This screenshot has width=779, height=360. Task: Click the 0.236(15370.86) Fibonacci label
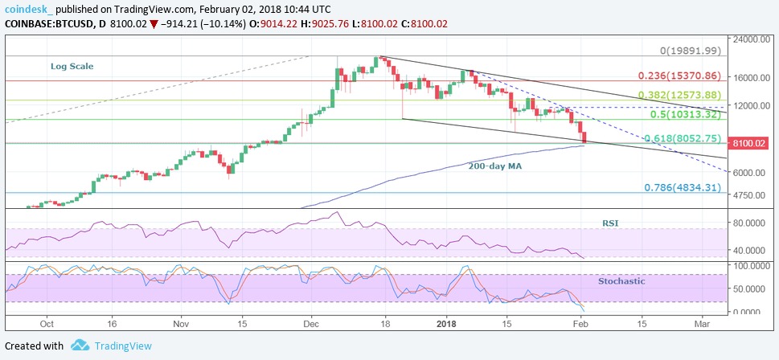point(680,76)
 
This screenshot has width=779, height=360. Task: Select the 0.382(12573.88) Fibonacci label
point(680,95)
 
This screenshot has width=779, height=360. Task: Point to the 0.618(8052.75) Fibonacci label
point(684,138)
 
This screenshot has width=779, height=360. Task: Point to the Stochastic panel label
point(621,281)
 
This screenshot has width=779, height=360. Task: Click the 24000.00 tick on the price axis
point(750,39)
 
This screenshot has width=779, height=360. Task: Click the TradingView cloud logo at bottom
point(80,346)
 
